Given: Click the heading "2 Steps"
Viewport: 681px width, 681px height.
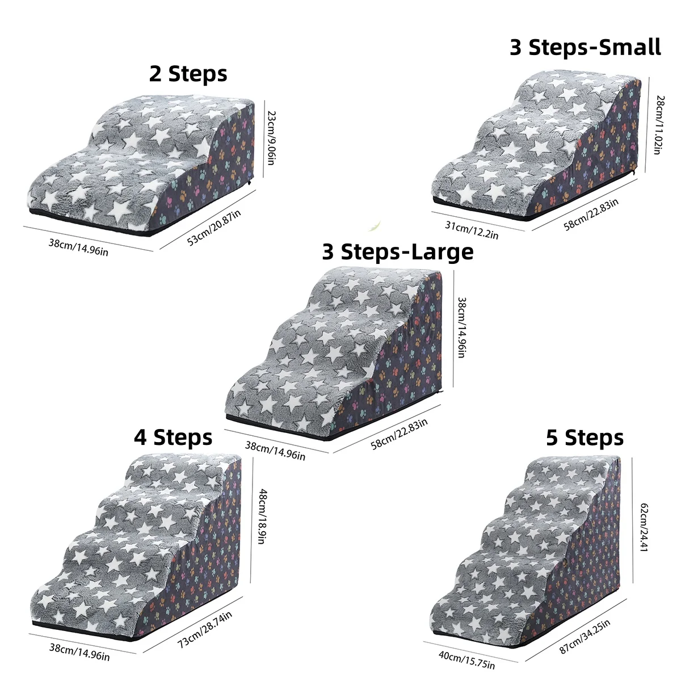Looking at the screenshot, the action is (x=188, y=74).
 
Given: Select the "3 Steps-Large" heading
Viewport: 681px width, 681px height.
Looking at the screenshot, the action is (x=398, y=252).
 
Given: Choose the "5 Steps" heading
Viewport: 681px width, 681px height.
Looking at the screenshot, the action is (x=585, y=438).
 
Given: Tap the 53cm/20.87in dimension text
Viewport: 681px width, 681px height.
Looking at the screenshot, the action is (x=214, y=227).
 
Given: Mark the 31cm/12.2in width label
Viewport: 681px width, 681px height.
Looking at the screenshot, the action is (x=472, y=230).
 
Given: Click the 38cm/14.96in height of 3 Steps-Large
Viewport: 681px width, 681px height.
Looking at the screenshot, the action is (x=461, y=327).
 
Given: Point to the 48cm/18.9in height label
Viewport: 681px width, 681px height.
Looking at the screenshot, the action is (x=262, y=516).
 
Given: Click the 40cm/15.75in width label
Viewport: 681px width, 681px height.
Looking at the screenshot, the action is (x=466, y=660).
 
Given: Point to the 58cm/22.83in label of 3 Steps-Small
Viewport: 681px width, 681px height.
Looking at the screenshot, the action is (x=591, y=214).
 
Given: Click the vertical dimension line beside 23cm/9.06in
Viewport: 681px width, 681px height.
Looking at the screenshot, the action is (x=264, y=139).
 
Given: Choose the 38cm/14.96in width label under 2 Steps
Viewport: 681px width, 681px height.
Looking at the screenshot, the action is (x=78, y=247).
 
